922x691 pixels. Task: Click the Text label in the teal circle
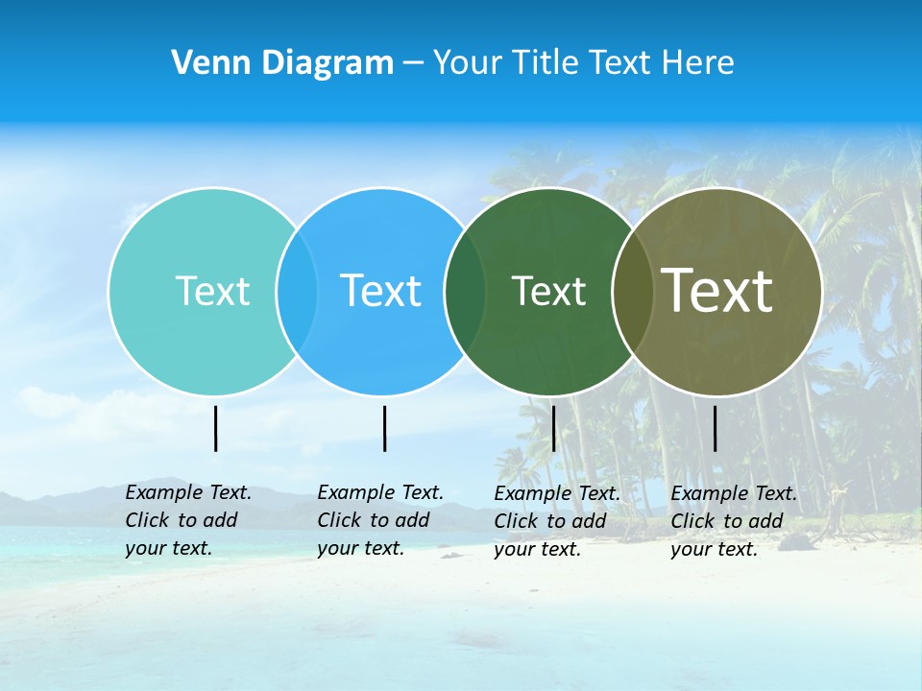212,291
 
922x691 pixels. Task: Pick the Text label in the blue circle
380,291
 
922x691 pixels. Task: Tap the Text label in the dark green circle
548,291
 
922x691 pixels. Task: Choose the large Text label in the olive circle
717,291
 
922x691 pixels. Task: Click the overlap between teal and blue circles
297,291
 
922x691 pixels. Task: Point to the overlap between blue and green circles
465,291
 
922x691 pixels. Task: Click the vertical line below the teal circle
215,428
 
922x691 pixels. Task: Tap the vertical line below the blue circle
384,428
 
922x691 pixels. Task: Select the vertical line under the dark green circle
553,428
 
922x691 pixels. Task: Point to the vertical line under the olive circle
715,428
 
